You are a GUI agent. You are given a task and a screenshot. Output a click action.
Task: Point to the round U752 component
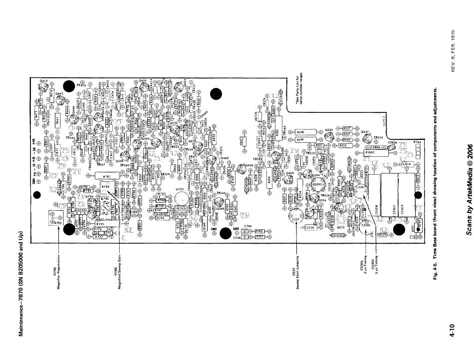click(181, 198)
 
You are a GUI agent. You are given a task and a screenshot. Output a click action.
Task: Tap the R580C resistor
click(376, 154)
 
